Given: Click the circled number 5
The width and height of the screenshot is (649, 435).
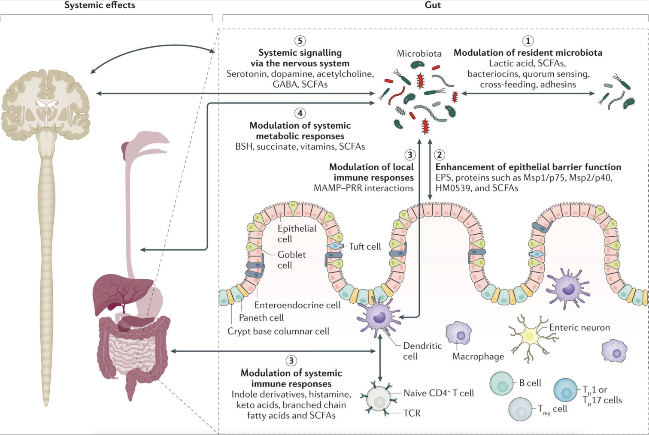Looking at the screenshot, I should point(300,41).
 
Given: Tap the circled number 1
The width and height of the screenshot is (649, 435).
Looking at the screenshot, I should point(528,41).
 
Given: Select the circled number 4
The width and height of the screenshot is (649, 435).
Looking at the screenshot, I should point(300,113).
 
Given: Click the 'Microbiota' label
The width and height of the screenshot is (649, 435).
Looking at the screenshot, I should point(419,54).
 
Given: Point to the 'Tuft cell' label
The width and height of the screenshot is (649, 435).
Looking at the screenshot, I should point(365,247).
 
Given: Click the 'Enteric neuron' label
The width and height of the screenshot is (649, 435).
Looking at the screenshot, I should point(579,328).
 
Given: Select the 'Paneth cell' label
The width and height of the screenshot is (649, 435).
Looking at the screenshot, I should point(261,318).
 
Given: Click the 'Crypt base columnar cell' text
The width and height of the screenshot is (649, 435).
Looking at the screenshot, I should point(278,331).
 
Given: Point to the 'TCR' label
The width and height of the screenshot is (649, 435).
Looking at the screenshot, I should point(412,413).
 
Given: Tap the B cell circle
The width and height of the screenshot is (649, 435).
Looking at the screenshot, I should point(501,384).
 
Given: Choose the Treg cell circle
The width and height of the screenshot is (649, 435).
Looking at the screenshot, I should point(521,409).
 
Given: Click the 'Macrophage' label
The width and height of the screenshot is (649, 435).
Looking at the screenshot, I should point(478,356).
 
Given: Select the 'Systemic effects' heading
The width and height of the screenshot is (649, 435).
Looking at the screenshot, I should point(100,6).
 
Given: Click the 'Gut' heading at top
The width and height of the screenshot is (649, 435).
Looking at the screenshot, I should point(433,6).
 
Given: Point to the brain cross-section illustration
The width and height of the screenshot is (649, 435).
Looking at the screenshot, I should point(45,101).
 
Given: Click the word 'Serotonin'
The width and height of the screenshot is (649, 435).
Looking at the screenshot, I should point(245,74).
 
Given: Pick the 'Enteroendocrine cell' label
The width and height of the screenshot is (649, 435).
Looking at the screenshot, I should point(297,305).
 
